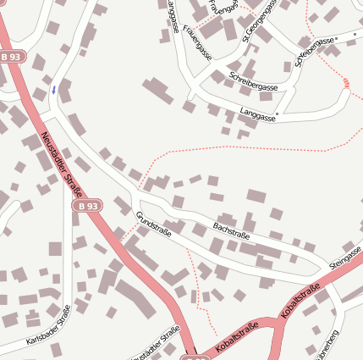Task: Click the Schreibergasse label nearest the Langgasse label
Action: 254,81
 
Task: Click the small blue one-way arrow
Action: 54,89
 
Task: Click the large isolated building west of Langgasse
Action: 157,91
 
